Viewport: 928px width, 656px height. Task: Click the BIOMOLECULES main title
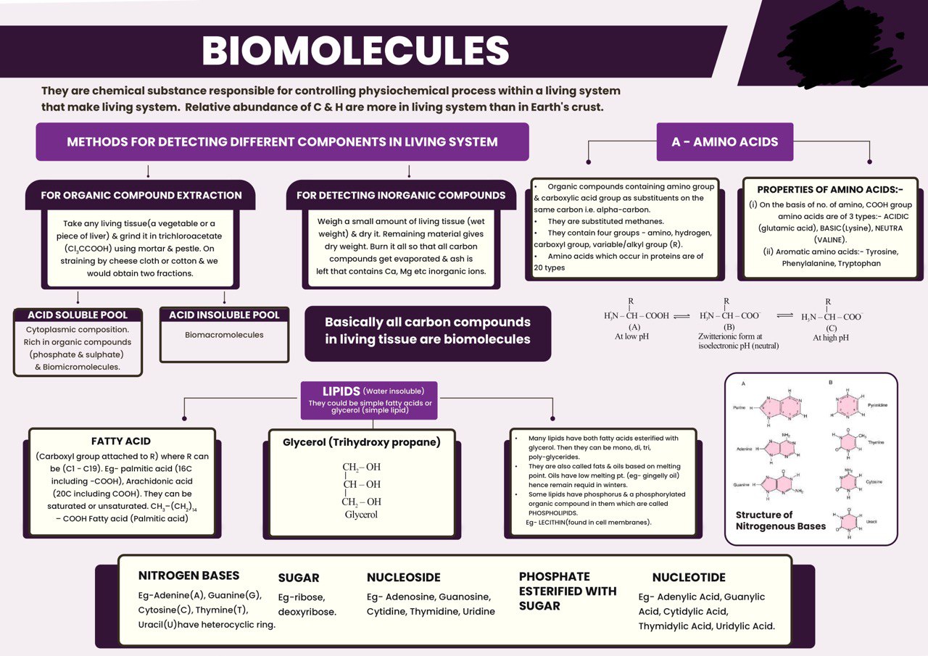pos(355,51)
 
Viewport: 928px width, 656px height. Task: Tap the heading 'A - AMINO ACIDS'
pos(724,142)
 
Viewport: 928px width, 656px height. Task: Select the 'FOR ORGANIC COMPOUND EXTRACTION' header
pos(141,195)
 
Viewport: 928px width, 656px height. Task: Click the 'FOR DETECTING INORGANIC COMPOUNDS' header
pos(401,195)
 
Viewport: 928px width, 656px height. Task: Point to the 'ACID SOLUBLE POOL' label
pos(78,315)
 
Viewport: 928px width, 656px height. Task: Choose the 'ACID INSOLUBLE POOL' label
pos(224,315)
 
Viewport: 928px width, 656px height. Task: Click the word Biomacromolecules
pos(224,335)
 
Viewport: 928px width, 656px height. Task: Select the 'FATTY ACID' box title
pos(121,441)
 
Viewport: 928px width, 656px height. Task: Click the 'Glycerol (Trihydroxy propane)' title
pos(361,441)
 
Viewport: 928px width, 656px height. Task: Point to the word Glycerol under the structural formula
pos(361,515)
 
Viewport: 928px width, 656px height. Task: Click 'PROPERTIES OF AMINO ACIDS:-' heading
pos(830,190)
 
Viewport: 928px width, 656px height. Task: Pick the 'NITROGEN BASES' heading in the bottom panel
pos(188,576)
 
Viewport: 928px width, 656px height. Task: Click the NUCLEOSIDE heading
pos(403,578)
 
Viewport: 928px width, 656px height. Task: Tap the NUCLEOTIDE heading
pos(689,578)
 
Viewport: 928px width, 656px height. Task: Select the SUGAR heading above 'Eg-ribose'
pos(299,578)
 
